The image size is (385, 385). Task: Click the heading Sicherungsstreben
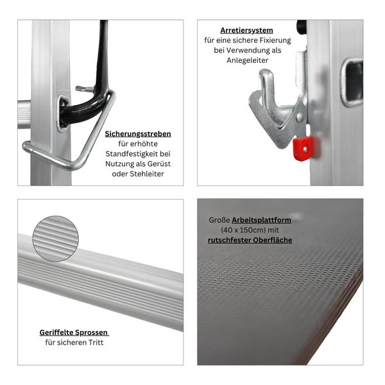point(138,134)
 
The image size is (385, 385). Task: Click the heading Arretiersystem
point(246,30)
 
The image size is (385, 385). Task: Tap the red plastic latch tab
point(303,148)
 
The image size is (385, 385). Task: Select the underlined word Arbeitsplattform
point(262,219)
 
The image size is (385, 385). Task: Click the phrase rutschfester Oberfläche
point(250,240)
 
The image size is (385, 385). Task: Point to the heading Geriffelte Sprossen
point(74,332)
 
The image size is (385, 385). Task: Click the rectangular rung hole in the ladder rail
point(351,81)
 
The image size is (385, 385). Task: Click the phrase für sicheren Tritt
point(74,343)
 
